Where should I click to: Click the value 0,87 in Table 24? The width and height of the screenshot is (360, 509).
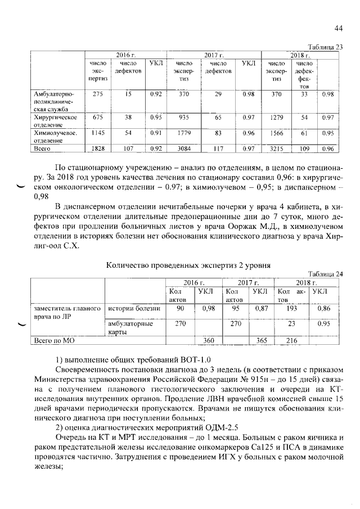260,308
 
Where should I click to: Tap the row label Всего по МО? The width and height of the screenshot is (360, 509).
55,341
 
